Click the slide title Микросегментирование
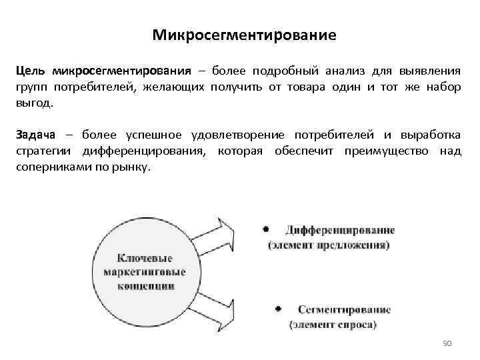(x=243, y=34)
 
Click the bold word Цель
(x=31, y=71)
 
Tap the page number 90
(x=447, y=343)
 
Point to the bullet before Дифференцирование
(x=266, y=229)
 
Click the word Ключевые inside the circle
(x=144, y=257)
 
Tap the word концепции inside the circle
(x=145, y=285)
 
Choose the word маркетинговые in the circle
(x=145, y=271)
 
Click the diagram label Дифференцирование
(x=340, y=231)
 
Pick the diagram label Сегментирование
(x=344, y=310)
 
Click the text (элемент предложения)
(x=329, y=245)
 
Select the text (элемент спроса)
(x=333, y=325)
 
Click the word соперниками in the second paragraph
(x=49, y=167)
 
